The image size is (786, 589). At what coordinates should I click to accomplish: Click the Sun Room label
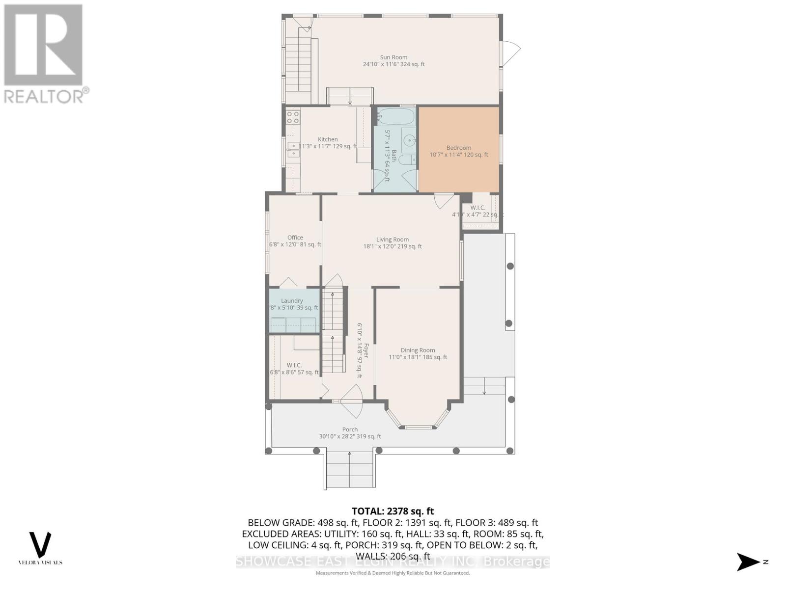(x=393, y=57)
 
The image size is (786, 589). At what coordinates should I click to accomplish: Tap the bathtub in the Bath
(x=396, y=117)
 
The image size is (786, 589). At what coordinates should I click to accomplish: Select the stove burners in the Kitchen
(x=293, y=117)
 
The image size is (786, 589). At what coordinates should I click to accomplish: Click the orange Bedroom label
(x=459, y=148)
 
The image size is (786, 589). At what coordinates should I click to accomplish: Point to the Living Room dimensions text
(x=392, y=247)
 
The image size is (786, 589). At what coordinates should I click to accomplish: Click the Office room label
(x=295, y=238)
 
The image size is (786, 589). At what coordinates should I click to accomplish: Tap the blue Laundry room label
(x=292, y=301)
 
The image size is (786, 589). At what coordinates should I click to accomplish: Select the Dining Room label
(x=418, y=350)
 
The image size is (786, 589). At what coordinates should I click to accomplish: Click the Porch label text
(x=350, y=429)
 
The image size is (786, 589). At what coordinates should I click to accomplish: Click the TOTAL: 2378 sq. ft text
(x=393, y=511)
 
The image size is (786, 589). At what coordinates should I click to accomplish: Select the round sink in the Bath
(x=409, y=141)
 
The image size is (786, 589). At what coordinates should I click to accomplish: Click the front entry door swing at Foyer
(x=351, y=396)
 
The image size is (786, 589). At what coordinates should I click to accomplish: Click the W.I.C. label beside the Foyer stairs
(x=294, y=365)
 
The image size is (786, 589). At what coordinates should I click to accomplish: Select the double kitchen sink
(x=293, y=149)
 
